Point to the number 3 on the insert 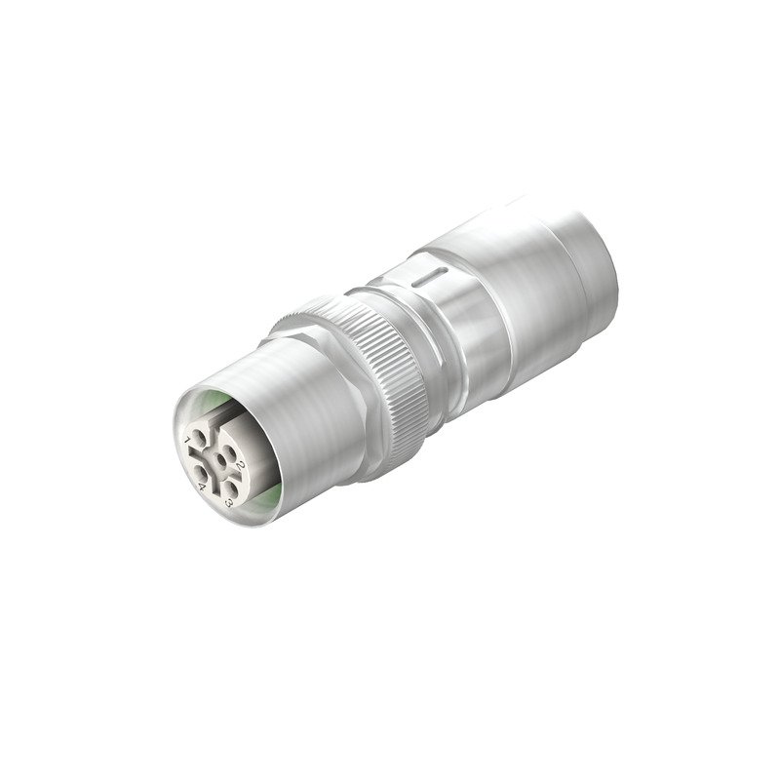(x=228, y=503)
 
